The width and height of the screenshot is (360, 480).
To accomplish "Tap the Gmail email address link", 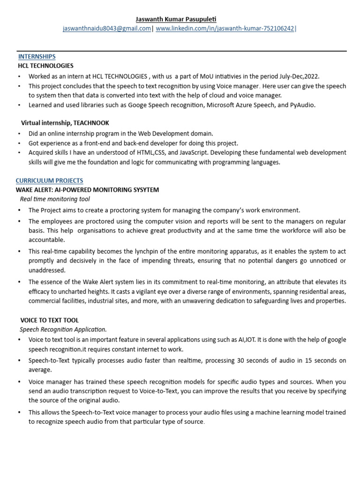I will pyautogui.click(x=107, y=29).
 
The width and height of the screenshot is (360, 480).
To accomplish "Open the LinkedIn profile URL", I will pyautogui.click(x=225, y=29).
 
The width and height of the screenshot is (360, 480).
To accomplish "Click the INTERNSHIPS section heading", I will pyautogui.click(x=37, y=57).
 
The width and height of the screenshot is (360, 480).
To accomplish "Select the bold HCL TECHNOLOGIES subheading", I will pyautogui.click(x=45, y=66).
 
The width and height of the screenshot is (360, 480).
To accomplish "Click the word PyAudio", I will pyautogui.click(x=303, y=105).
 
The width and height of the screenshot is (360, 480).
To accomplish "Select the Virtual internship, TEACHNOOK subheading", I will pyautogui.click(x=65, y=123).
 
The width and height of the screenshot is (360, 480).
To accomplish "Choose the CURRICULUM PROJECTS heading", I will pyautogui.click(x=49, y=180).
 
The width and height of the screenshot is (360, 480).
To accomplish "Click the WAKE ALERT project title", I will pyautogui.click(x=87, y=190).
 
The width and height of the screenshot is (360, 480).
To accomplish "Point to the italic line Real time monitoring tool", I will pyautogui.click(x=55, y=199).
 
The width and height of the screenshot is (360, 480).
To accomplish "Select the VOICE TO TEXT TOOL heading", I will pyautogui.click(x=50, y=320).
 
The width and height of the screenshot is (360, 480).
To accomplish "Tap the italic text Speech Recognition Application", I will pyautogui.click(x=63, y=330).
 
